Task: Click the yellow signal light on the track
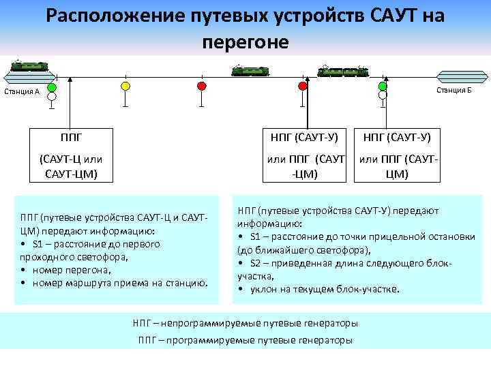[125, 86]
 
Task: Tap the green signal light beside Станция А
[52, 87]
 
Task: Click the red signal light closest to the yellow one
[201, 86]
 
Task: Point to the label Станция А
[22, 92]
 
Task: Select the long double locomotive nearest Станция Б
[344, 70]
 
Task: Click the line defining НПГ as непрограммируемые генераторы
[245, 323]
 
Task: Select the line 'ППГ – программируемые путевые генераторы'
[245, 340]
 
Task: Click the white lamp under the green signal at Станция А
[52, 97]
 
